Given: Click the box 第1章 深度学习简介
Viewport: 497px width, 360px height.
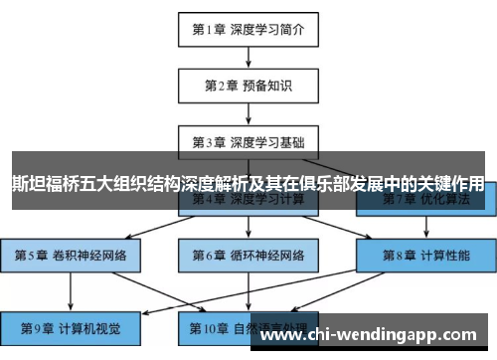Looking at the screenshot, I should pyautogui.click(x=248, y=30).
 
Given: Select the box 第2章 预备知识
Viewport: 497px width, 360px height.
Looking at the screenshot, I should pyautogui.click(x=248, y=86).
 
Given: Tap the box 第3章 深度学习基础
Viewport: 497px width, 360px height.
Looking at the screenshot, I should pyautogui.click(x=248, y=141).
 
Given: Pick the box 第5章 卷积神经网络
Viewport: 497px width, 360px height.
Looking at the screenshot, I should pyautogui.click(x=71, y=255).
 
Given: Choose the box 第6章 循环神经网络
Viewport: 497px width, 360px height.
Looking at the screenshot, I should pyautogui.click(x=248, y=255).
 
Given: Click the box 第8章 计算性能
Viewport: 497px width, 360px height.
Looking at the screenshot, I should pyautogui.click(x=424, y=255).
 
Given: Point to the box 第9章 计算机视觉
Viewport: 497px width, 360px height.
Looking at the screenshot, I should pyautogui.click(x=71, y=325).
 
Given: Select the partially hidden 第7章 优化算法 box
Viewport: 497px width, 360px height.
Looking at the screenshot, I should pyautogui.click(x=424, y=203).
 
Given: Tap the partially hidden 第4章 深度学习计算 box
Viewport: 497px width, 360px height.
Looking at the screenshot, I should pyautogui.click(x=248, y=203).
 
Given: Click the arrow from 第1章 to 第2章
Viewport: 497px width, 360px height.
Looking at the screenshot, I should pyautogui.click(x=248, y=58).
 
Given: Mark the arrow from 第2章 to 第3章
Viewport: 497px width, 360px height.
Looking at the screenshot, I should pyautogui.click(x=248, y=113).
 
